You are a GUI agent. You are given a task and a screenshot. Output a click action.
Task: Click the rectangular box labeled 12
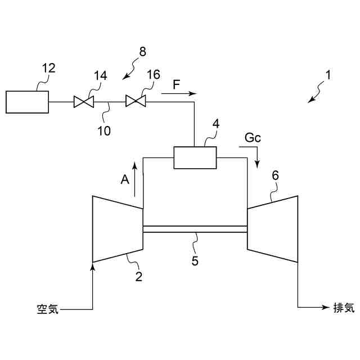click(x=27, y=102)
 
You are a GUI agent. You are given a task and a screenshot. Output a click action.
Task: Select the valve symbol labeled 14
click(x=85, y=102)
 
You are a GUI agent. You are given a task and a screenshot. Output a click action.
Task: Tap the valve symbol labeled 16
click(x=136, y=102)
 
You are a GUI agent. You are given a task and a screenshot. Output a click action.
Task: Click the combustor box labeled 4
click(x=195, y=157)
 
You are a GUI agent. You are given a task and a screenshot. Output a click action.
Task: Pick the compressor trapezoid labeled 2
click(x=117, y=229)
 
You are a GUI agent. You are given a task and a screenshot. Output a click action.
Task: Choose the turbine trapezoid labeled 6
click(x=272, y=229)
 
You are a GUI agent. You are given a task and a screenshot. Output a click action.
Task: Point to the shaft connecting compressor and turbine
click(x=195, y=229)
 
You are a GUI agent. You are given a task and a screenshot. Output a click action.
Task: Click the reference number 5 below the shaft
click(x=195, y=261)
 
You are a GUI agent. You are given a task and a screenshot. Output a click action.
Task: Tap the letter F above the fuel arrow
click(x=176, y=84)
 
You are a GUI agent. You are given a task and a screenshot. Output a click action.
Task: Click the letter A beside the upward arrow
click(x=125, y=179)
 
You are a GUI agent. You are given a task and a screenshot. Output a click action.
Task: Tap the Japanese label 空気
click(x=44, y=309)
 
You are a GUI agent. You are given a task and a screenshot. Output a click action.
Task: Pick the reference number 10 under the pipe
click(x=103, y=132)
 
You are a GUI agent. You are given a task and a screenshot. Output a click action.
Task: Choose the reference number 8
click(x=142, y=52)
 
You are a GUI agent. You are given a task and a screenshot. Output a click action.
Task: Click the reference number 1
click(x=328, y=74)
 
